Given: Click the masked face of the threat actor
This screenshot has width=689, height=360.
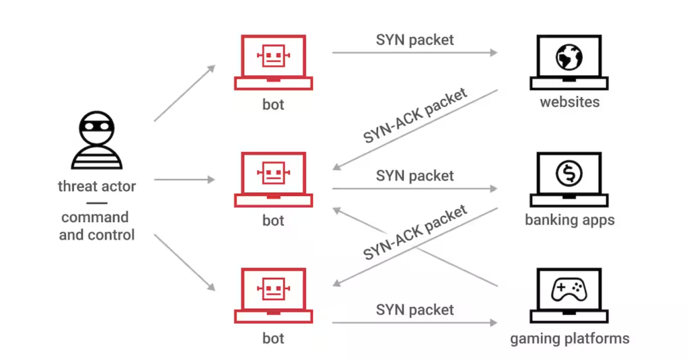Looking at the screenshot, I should (96, 127).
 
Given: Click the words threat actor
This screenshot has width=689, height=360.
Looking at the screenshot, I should (96, 186).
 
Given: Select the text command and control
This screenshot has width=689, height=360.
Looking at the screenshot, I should (96, 226).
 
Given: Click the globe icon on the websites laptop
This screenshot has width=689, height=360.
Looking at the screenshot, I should (569, 57).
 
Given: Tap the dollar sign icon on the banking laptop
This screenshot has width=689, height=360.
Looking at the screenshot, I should (569, 174).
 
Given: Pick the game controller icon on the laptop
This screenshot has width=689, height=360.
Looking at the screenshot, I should (569, 290).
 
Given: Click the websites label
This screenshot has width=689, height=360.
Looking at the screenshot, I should (569, 103).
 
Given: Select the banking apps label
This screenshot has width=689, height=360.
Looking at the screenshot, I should (569, 220).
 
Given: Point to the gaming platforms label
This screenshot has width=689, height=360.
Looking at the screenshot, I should (569, 338).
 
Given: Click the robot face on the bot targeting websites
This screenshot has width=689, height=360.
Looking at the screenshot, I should (273, 57).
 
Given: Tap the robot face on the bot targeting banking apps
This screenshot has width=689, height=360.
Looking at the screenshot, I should (273, 174).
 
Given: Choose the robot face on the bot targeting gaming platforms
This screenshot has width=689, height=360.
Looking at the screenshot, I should (273, 290).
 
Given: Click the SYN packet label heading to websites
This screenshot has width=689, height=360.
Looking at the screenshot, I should (414, 40).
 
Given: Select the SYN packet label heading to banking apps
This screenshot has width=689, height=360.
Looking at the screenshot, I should (414, 176).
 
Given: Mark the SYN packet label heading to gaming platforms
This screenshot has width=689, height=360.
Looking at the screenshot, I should (414, 310).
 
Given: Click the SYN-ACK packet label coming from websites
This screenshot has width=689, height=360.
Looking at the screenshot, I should (415, 116).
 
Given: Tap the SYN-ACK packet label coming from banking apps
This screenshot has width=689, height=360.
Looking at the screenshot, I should (415, 233).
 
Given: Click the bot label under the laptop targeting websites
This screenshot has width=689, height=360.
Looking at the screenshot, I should (273, 104).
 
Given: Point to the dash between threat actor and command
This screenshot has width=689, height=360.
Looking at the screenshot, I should (96, 203).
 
